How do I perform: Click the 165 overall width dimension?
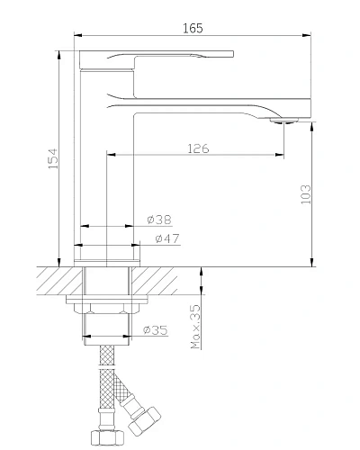tap(192, 29)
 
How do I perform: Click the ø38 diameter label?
tap(158, 220)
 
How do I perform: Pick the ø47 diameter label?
tap(165, 238)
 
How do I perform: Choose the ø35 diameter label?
tap(157, 330)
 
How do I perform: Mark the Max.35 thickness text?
tap(195, 327)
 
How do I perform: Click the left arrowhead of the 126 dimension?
tap(112, 155)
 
